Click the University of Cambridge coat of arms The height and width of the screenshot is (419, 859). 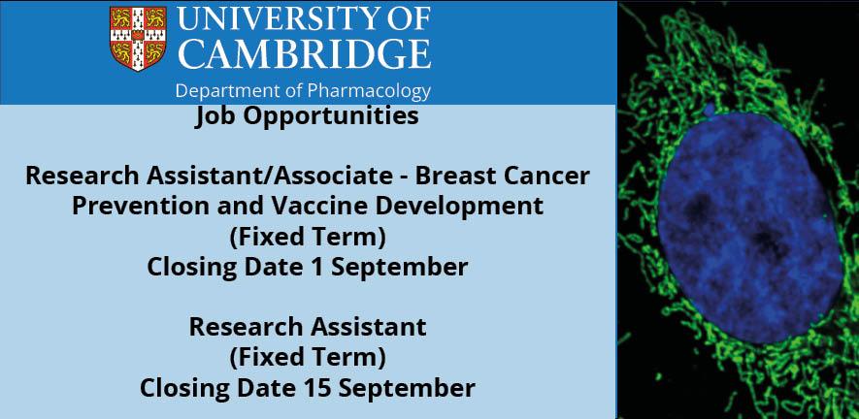[139, 38]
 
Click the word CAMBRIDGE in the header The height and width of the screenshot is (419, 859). [306, 54]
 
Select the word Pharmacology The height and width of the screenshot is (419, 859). [369, 91]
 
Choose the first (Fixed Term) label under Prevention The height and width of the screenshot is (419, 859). [308, 238]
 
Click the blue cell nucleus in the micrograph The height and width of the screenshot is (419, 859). [750, 227]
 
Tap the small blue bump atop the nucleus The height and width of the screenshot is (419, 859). [710, 110]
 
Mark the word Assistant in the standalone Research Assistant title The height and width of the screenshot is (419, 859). [368, 328]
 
